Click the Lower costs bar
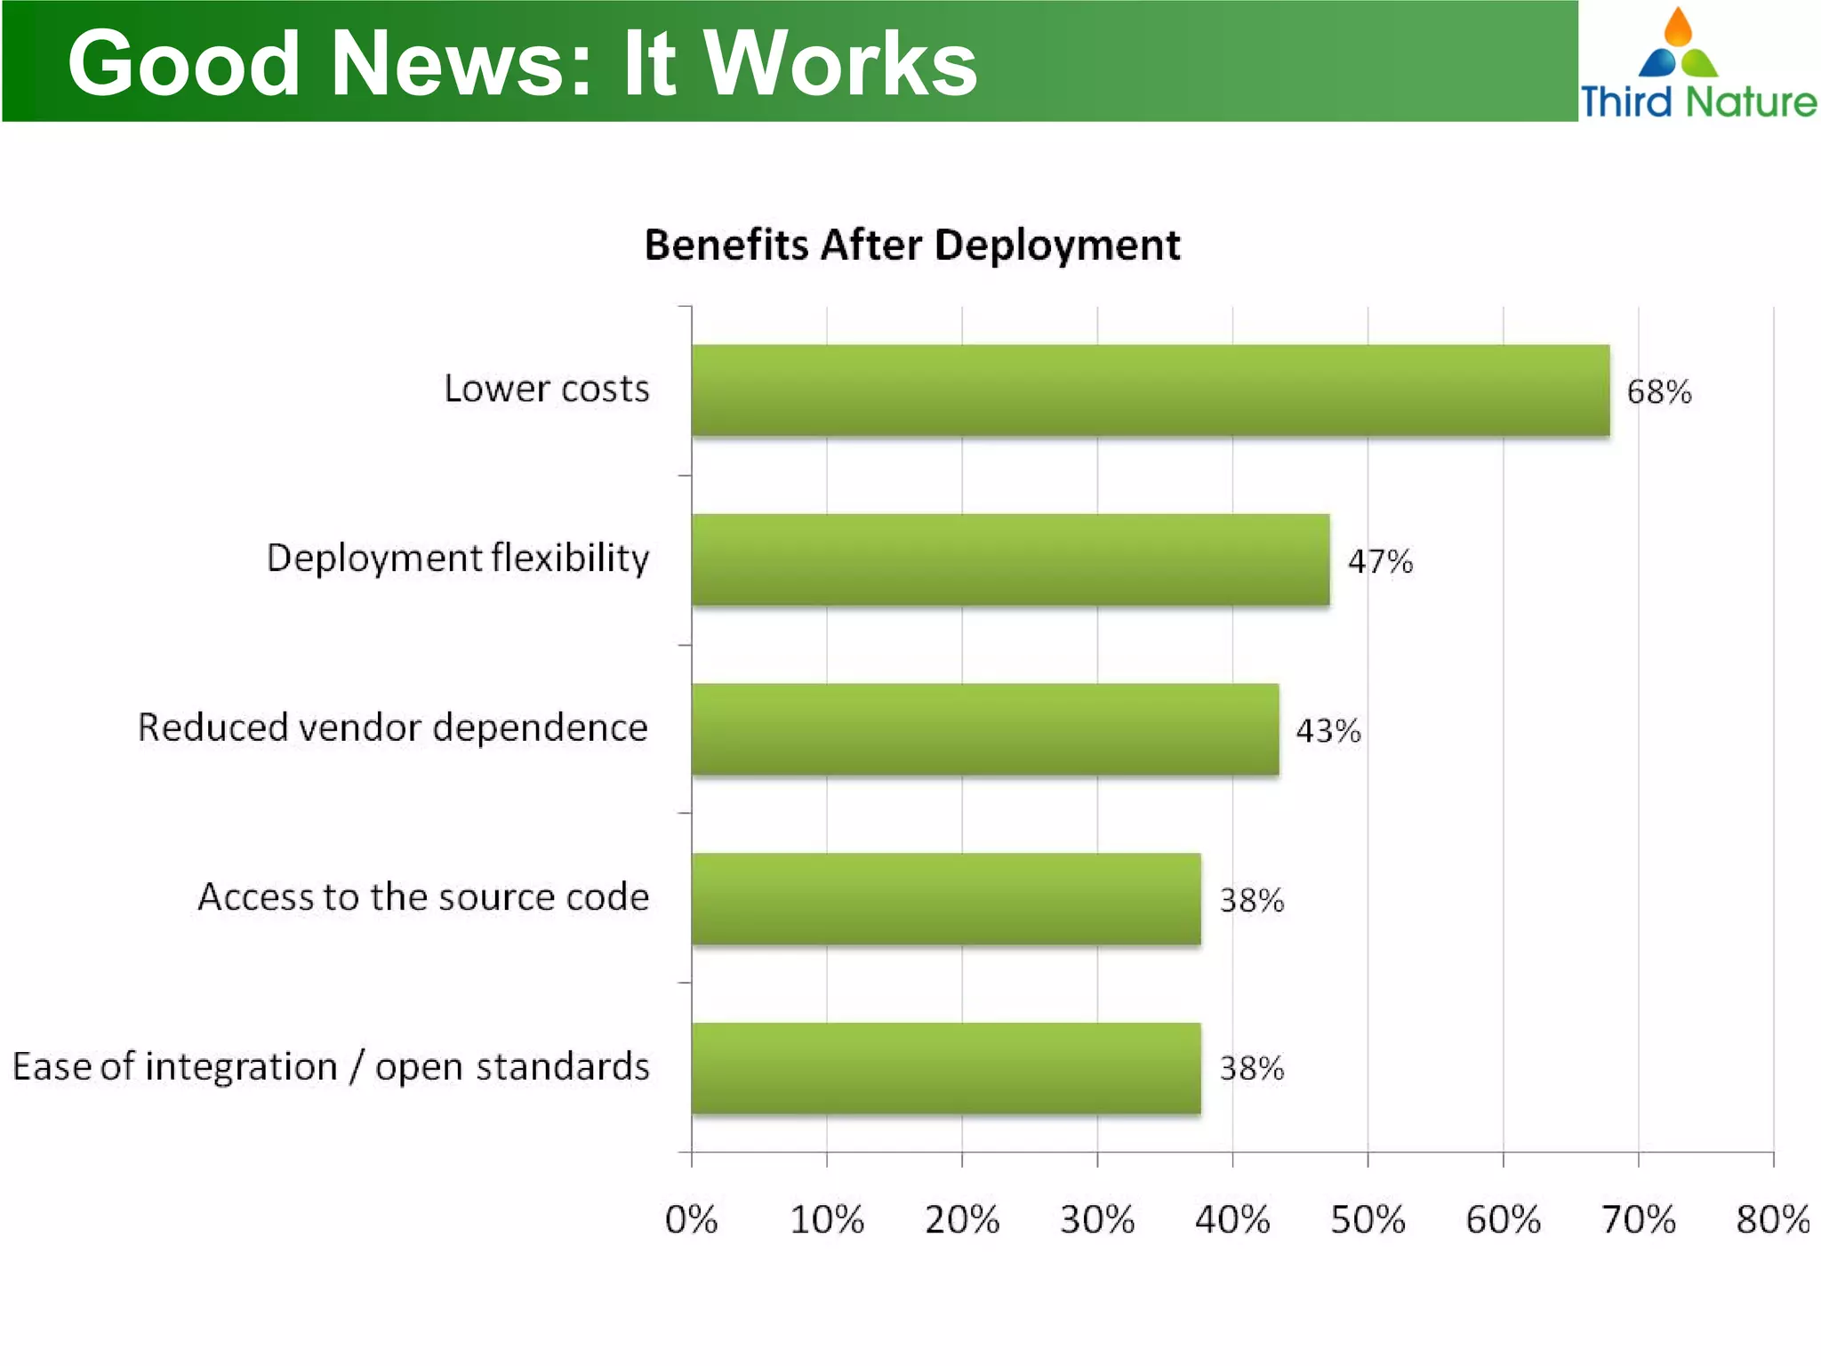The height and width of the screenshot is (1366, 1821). tap(1150, 390)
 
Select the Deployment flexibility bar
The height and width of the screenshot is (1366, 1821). tap(1010, 559)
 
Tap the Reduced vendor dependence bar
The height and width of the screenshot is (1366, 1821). tap(984, 729)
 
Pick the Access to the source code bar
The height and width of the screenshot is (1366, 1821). tap(946, 898)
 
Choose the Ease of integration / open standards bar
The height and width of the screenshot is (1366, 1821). tap(946, 1068)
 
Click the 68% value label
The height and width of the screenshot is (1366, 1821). tap(1658, 392)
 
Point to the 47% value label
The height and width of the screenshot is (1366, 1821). tap(1380, 562)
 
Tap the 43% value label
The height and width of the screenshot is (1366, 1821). tap(1328, 731)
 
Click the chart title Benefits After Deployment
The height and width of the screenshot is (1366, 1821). tap(912, 245)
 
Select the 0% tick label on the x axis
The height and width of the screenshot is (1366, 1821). tap(691, 1219)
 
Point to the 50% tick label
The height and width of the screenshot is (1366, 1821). tap(1368, 1219)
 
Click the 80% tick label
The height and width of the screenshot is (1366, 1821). tap(1772, 1219)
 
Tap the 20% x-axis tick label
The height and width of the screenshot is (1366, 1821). tap(962, 1219)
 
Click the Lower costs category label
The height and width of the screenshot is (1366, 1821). tap(547, 389)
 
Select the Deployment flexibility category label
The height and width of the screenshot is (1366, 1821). tap(458, 558)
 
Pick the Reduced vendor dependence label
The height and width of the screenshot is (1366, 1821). tap(393, 727)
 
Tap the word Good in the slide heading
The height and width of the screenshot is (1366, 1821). tap(184, 63)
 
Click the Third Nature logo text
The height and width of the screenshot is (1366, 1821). tap(1698, 101)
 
